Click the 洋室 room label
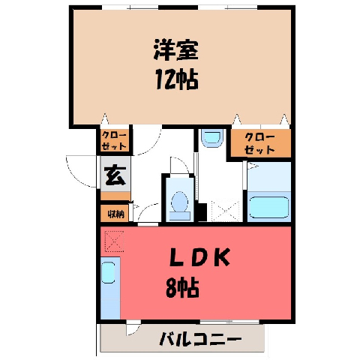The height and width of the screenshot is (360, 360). pos(176,50)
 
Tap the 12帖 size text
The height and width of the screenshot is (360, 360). pos(177,79)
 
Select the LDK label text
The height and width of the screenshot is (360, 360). pos(199,257)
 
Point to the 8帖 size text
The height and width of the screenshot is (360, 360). pos(182,287)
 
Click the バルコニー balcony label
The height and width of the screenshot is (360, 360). pos(201,339)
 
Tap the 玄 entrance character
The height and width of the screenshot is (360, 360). pos(115,175)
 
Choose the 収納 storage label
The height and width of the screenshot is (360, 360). pos(116,214)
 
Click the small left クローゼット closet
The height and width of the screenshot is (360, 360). pos(115,141)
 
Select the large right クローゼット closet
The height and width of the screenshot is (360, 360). pos(260,143)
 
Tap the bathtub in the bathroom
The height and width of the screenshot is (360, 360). pos(269,207)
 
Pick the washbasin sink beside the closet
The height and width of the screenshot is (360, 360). pos(212,138)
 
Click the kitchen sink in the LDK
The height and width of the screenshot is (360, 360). pos(108,272)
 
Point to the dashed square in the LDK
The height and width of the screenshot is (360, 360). pos(115,241)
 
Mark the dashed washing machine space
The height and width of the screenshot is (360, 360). pos(226,211)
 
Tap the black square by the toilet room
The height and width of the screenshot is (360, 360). pos(202,212)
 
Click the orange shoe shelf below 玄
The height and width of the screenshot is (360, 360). pos(115,196)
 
